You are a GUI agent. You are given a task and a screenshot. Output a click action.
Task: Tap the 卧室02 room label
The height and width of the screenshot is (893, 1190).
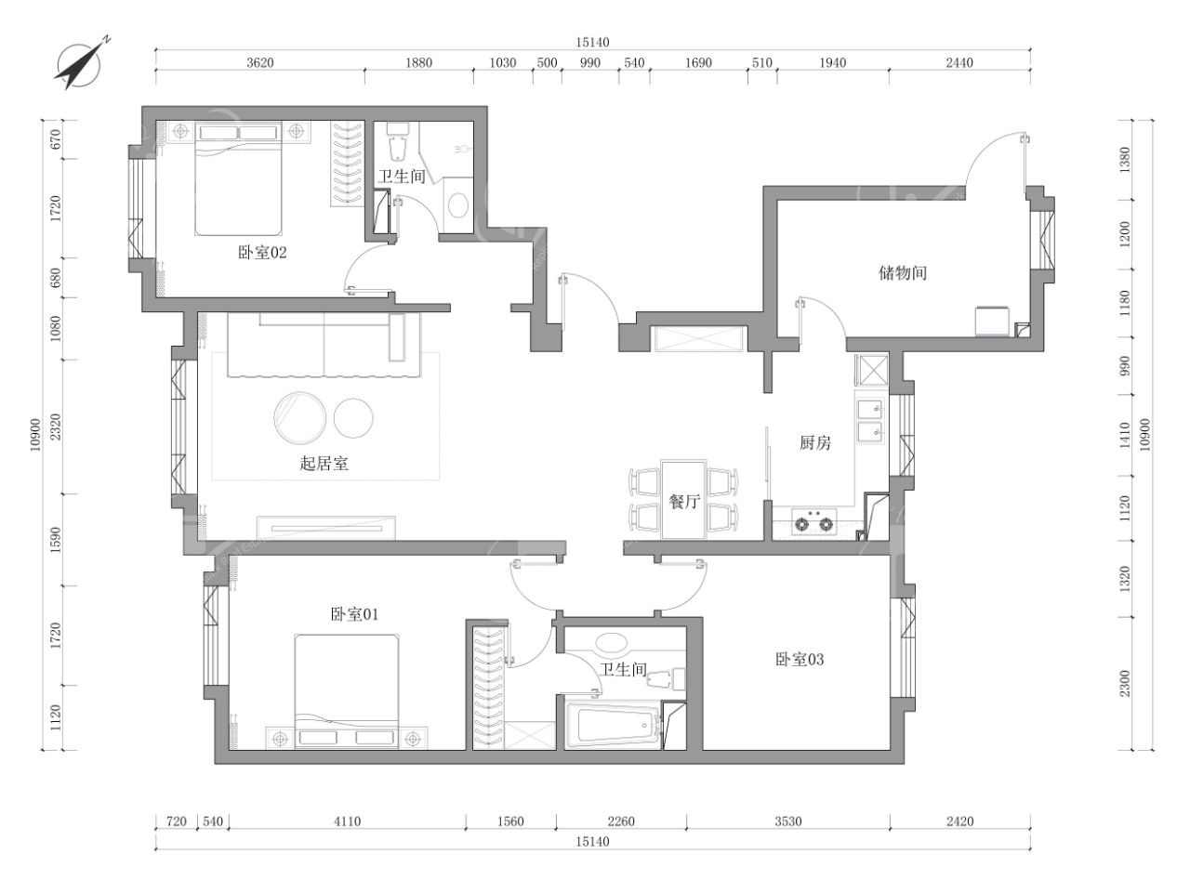(262, 253)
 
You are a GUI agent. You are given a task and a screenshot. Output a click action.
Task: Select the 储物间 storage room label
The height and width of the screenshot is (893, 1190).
(903, 272)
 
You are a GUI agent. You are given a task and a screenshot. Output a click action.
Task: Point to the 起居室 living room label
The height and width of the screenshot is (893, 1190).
(324, 464)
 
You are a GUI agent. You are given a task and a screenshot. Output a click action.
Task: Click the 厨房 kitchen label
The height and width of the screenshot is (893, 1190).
(814, 442)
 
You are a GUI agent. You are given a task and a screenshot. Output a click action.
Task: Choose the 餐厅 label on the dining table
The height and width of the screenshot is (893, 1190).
(684, 502)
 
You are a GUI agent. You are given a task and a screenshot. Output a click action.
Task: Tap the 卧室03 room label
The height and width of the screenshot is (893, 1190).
(800, 660)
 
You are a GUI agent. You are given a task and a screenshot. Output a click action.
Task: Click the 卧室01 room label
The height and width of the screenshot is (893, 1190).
(354, 614)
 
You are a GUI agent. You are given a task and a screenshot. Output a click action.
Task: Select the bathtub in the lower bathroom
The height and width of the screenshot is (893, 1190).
(613, 726)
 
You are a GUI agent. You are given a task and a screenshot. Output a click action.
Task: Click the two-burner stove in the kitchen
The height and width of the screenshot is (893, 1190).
(813, 522)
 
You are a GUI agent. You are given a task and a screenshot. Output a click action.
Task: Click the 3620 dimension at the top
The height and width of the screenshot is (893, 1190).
(260, 63)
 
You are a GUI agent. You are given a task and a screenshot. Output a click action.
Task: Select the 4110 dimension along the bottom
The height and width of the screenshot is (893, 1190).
(347, 821)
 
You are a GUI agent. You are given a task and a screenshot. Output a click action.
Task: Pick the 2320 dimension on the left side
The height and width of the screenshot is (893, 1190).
(55, 427)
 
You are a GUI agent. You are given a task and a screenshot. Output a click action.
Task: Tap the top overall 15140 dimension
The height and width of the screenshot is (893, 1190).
(592, 42)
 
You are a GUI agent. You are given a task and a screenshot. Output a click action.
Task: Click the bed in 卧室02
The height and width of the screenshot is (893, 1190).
(239, 178)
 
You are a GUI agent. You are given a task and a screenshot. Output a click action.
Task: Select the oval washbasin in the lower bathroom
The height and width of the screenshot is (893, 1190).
(612, 642)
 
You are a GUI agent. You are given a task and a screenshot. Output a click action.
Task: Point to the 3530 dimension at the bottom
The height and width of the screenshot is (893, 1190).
(787, 821)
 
